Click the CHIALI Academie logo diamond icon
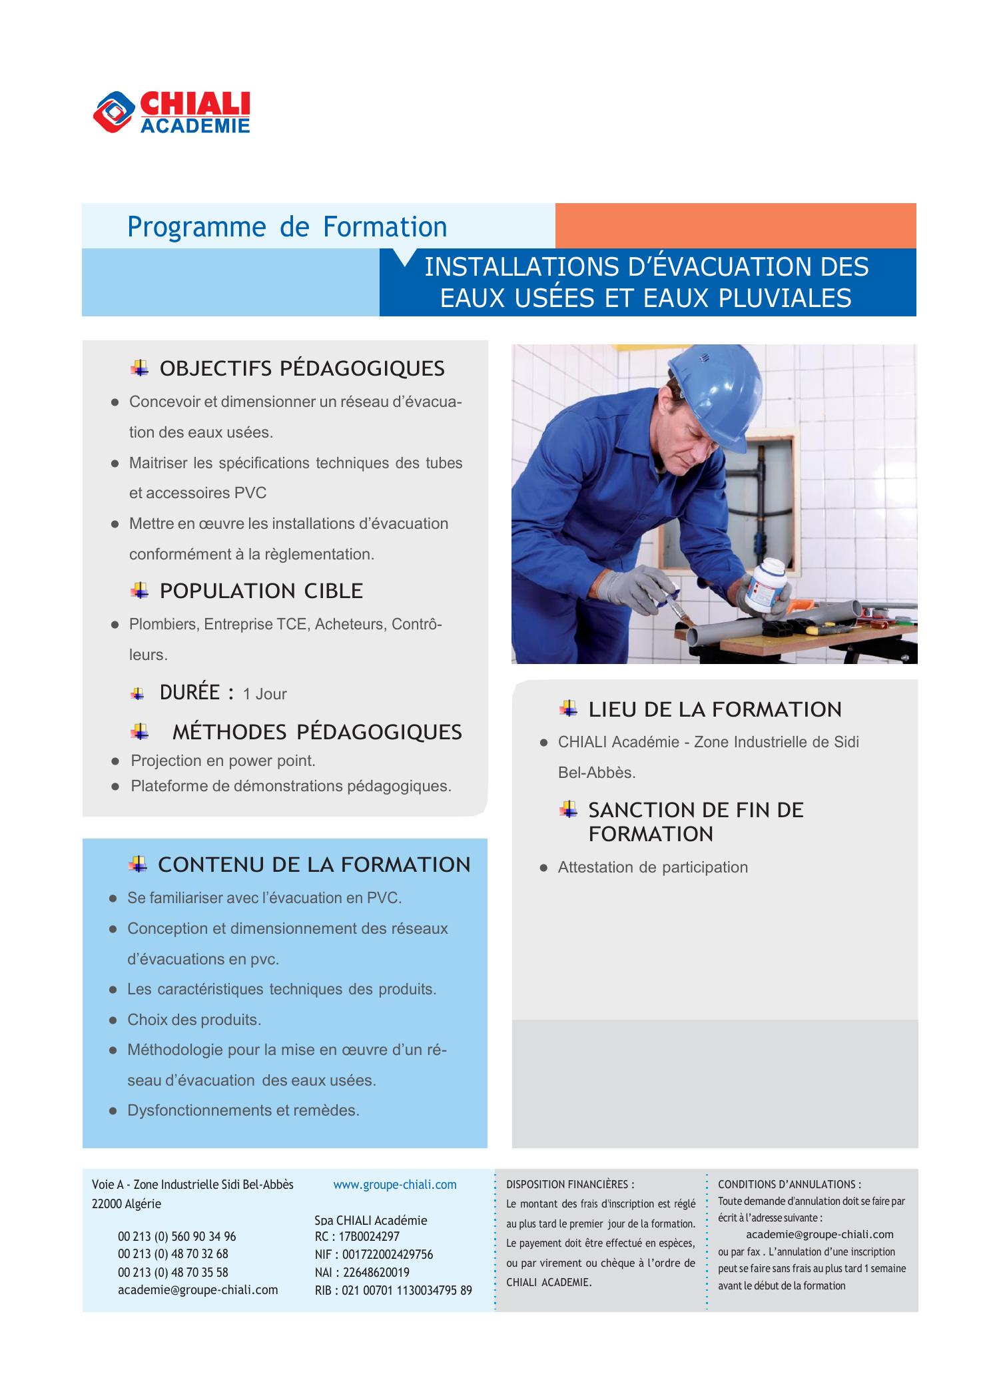(114, 111)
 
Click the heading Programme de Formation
(287, 227)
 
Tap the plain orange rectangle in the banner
(735, 226)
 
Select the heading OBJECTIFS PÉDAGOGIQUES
(302, 368)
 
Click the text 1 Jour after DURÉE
(264, 694)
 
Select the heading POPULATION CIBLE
(261, 591)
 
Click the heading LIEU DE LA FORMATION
(715, 709)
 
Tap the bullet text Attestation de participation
(653, 867)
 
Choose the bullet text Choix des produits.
(194, 1020)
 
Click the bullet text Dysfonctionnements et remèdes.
(243, 1110)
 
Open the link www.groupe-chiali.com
(394, 1184)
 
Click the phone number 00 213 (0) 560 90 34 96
(176, 1236)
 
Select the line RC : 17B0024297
(357, 1236)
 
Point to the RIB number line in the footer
(393, 1290)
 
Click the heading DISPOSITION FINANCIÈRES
(570, 1184)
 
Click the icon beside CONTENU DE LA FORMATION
(138, 864)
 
